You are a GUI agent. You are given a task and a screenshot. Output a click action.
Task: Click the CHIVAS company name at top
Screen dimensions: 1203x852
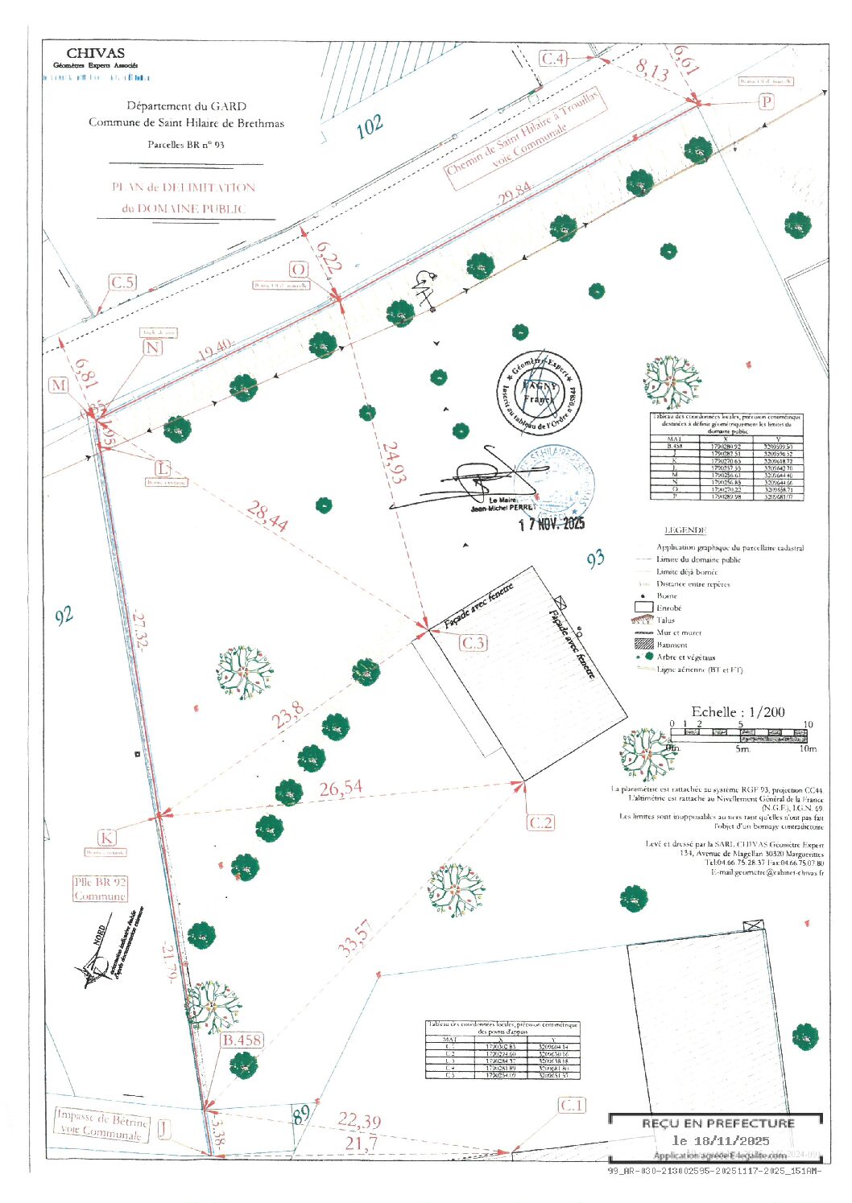tap(95, 53)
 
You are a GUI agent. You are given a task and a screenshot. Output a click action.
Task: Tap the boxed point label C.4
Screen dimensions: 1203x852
tap(553, 59)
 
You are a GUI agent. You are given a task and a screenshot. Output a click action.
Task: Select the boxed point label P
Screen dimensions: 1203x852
tap(766, 102)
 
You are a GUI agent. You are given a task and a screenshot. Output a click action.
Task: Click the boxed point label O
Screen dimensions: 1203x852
tap(298, 270)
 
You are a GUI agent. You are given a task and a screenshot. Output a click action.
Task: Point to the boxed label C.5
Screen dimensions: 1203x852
tap(122, 282)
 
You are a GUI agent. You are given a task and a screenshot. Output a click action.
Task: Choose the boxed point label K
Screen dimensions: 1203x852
tap(106, 838)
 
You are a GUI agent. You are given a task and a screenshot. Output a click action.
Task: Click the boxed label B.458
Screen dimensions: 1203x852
tap(242, 1040)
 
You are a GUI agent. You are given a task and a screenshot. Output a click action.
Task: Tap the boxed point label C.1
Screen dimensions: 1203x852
tap(572, 1106)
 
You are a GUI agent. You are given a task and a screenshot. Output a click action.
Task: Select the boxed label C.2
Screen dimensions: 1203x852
tap(540, 822)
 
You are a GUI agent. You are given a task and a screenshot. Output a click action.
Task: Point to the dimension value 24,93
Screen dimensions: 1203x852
tap(393, 462)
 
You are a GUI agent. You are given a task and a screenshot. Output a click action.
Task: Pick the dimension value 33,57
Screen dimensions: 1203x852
tap(354, 938)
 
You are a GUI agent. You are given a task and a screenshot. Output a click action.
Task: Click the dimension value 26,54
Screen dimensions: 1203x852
tap(341, 789)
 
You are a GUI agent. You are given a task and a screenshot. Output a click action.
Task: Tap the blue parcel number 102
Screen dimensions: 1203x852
tap(369, 126)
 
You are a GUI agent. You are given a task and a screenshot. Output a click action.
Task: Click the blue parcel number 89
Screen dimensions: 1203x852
tap(300, 1115)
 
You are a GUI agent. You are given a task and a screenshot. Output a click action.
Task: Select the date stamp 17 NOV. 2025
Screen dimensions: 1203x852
tap(552, 524)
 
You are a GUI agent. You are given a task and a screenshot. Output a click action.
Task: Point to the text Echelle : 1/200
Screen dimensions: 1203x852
tap(738, 712)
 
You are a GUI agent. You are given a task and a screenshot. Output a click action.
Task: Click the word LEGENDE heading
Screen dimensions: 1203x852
tap(685, 530)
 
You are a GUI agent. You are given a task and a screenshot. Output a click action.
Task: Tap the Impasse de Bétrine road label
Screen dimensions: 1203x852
tap(101, 1123)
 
